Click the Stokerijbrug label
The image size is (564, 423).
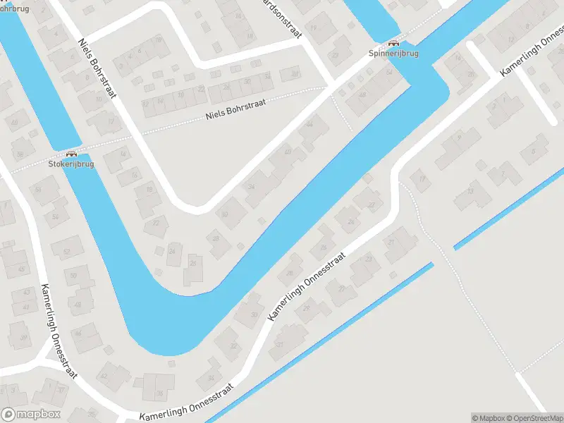[71, 164]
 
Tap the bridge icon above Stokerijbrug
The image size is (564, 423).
[71, 153]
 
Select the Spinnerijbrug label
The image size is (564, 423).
[393, 53]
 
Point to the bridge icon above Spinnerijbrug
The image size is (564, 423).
[393, 42]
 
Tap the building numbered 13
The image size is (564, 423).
[470, 192]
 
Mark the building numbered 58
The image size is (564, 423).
[20, 154]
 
